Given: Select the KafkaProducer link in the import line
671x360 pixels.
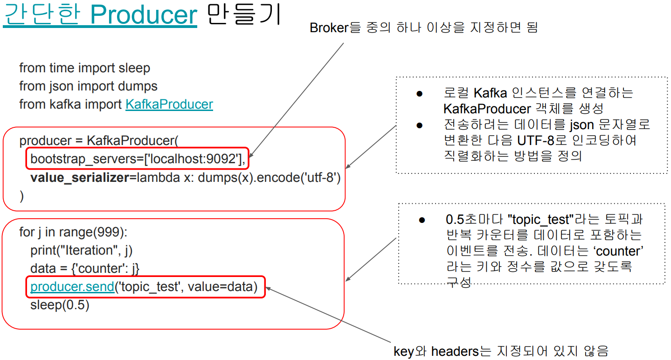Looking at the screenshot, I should coord(169,104).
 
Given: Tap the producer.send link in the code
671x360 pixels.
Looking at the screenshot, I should coord(72,287).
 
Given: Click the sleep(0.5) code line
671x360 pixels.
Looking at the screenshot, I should coord(60,305).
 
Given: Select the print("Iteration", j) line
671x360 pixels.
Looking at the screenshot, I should coord(82,250).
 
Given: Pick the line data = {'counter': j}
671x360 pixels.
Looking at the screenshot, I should coord(85,269).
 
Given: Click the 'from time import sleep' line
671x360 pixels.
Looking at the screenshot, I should coord(84,68).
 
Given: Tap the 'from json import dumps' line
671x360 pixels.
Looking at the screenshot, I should coord(88,86).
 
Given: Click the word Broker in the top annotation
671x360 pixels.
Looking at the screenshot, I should coord(329,28).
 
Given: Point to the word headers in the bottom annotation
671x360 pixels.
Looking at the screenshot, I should coord(455,351).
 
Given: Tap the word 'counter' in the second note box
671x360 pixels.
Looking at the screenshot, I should coord(618,251).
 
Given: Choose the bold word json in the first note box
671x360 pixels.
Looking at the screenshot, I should coord(581,125).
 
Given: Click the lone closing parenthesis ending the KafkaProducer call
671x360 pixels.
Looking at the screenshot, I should coord(21,196).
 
